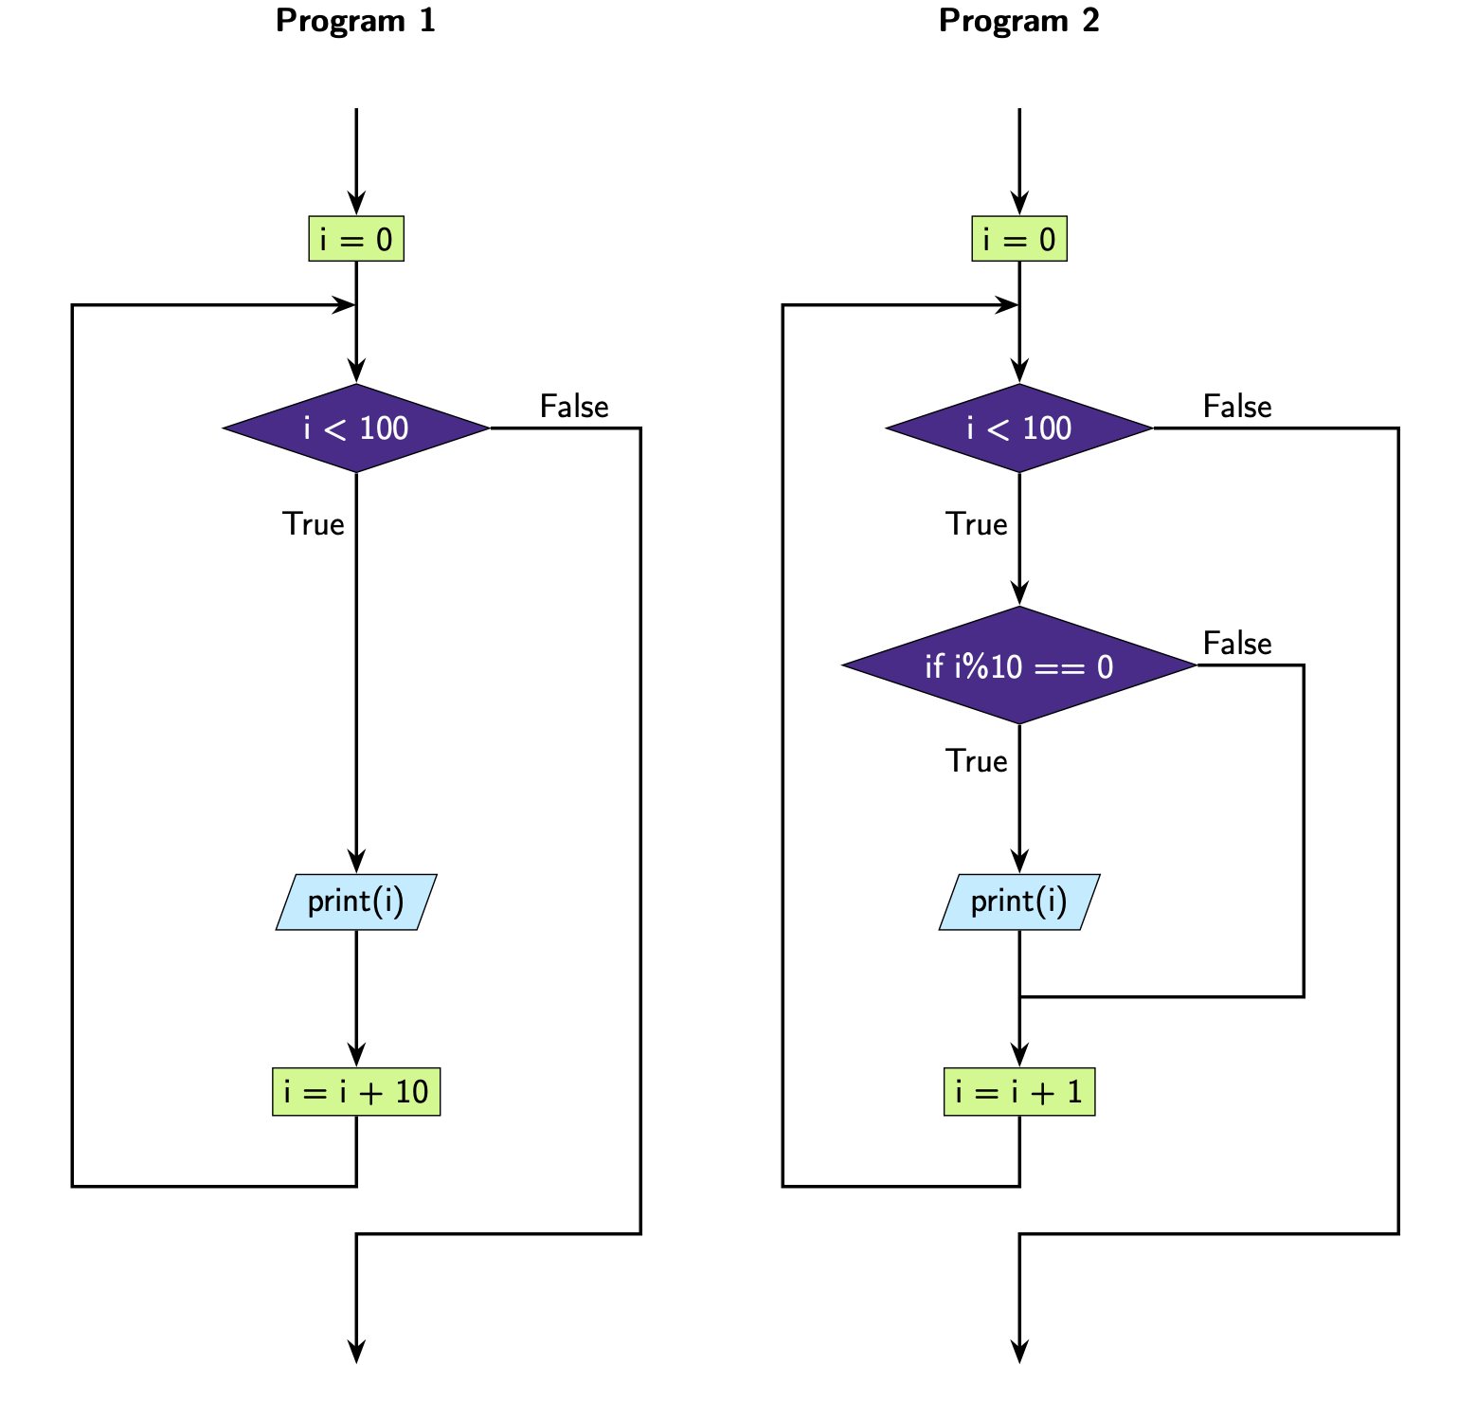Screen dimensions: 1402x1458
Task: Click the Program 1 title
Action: coord(355,21)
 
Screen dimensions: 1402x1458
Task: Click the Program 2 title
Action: coord(1018,21)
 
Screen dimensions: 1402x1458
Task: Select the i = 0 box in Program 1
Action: coord(356,239)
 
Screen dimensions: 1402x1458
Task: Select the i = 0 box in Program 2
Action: coord(1019,239)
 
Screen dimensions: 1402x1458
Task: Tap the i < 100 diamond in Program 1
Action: coord(356,428)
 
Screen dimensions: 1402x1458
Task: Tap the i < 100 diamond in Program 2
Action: coord(1019,428)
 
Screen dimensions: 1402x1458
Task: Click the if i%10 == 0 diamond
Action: coord(1019,666)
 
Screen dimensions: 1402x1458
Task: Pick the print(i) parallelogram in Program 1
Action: coord(356,901)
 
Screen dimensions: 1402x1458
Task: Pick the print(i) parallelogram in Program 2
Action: coord(1019,901)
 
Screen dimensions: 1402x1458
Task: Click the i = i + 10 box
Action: coord(356,1092)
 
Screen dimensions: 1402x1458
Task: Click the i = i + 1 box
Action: coord(1019,1092)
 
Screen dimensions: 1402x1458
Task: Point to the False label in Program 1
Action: coord(574,407)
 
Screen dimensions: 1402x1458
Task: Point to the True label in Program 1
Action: coord(314,524)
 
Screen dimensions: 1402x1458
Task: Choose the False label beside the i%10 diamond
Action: coord(1237,644)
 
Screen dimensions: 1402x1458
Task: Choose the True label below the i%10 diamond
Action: coord(977,761)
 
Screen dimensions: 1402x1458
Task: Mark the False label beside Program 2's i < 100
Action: coord(1237,407)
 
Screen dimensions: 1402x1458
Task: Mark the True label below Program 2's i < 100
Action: coord(977,524)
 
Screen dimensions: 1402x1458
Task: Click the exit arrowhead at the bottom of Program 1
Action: coord(356,1353)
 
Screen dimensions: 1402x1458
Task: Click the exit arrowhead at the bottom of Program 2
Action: coord(1019,1353)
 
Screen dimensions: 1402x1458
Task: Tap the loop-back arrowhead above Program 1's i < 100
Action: coord(345,305)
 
